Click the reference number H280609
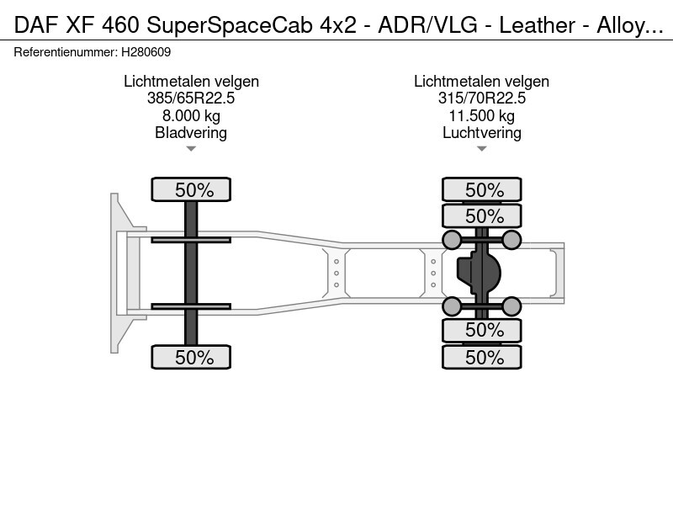pyautogui.click(x=146, y=52)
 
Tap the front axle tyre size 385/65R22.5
pyautogui.click(x=191, y=98)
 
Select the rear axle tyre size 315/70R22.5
pyautogui.click(x=481, y=98)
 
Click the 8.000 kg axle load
pyautogui.click(x=191, y=115)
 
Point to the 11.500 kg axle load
pyautogui.click(x=481, y=115)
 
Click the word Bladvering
pyautogui.click(x=191, y=133)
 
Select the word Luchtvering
pyautogui.click(x=481, y=133)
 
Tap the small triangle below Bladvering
pyautogui.click(x=191, y=149)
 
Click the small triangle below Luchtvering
pyautogui.click(x=481, y=149)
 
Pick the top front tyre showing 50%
pyautogui.click(x=191, y=189)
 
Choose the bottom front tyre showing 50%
pyautogui.click(x=191, y=357)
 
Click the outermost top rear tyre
pyautogui.click(x=481, y=189)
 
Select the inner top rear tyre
pyautogui.click(x=481, y=215)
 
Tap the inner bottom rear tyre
pyautogui.click(x=481, y=330)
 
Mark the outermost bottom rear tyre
pyautogui.click(x=481, y=357)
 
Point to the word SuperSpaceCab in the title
pyautogui.click(x=230, y=25)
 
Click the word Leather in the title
pyautogui.click(x=537, y=25)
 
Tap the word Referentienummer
pyautogui.click(x=66, y=52)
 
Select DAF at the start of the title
pyautogui.click(x=36, y=25)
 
